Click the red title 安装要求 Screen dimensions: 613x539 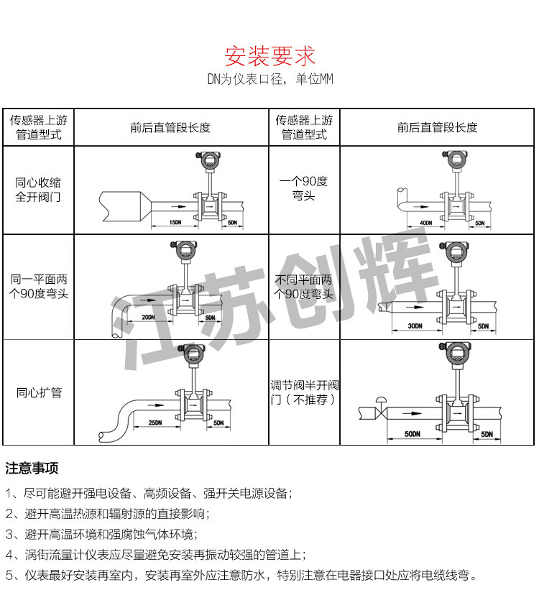[x=269, y=55]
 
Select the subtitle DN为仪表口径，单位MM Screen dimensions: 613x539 [x=269, y=80]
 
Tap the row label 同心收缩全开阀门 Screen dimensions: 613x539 [x=38, y=190]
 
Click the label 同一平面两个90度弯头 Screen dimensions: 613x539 [x=38, y=286]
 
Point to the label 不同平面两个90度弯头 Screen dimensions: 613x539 [x=304, y=286]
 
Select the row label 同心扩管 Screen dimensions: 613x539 [x=39, y=392]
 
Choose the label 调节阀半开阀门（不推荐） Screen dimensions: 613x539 [x=304, y=392]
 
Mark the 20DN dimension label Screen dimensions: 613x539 [x=148, y=317]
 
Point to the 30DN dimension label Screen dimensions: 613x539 [x=414, y=326]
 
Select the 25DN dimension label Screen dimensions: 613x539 [x=155, y=422]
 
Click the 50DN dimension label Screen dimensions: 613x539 [x=412, y=434]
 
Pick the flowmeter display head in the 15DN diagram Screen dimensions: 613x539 [x=211, y=160]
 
